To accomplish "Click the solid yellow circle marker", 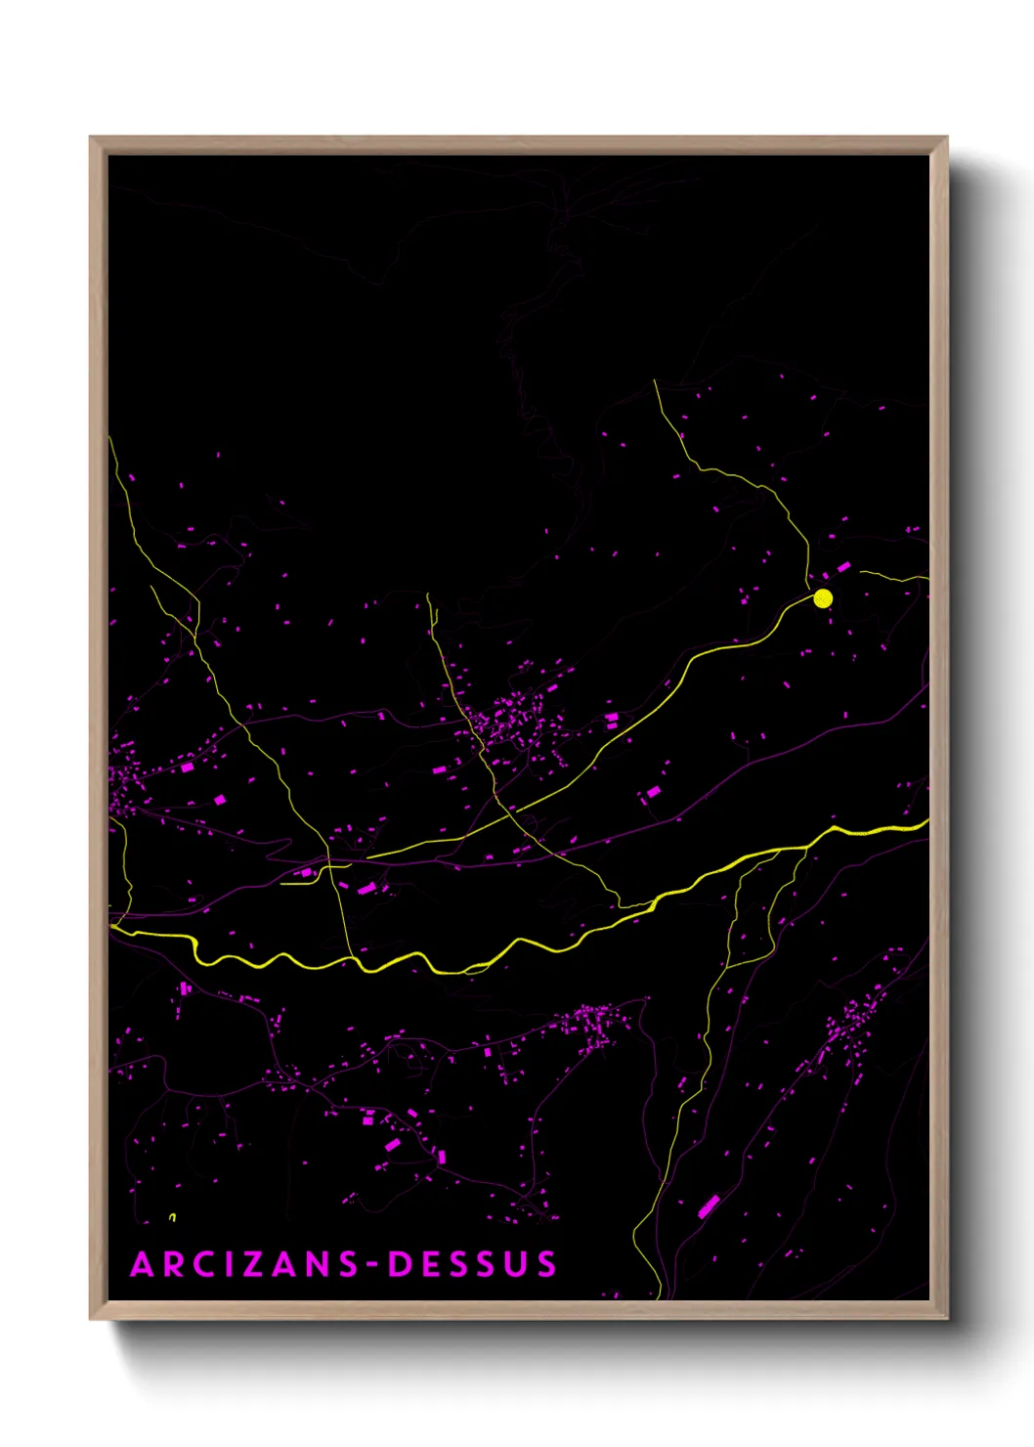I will (x=823, y=598).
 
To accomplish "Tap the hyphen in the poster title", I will (x=372, y=1265).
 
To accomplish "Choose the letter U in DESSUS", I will (x=517, y=1264).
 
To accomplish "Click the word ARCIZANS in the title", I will (x=245, y=1264).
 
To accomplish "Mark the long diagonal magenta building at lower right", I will (x=709, y=1206).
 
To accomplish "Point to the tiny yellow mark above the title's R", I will (x=173, y=1217).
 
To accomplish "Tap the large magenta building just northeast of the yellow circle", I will (x=842, y=567).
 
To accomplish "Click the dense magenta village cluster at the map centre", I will (x=513, y=723).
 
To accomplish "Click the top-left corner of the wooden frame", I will (x=91, y=138).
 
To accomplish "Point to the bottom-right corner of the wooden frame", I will (x=946, y=1318).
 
